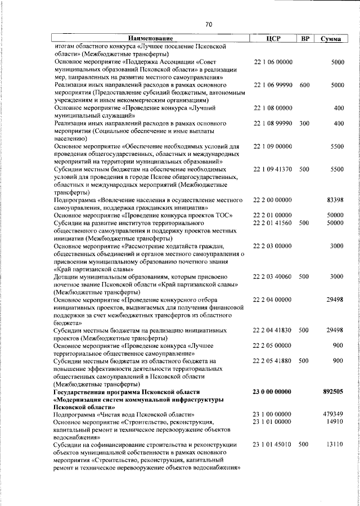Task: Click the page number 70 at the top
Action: tap(209, 24)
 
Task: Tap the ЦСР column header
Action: tap(273, 38)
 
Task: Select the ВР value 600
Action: tap(304, 84)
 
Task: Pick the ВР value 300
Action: tap(304, 123)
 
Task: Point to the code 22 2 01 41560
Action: tap(273, 223)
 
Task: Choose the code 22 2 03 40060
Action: tap(273, 276)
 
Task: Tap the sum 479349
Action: tap(333, 414)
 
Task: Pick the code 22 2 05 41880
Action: tap(273, 360)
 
